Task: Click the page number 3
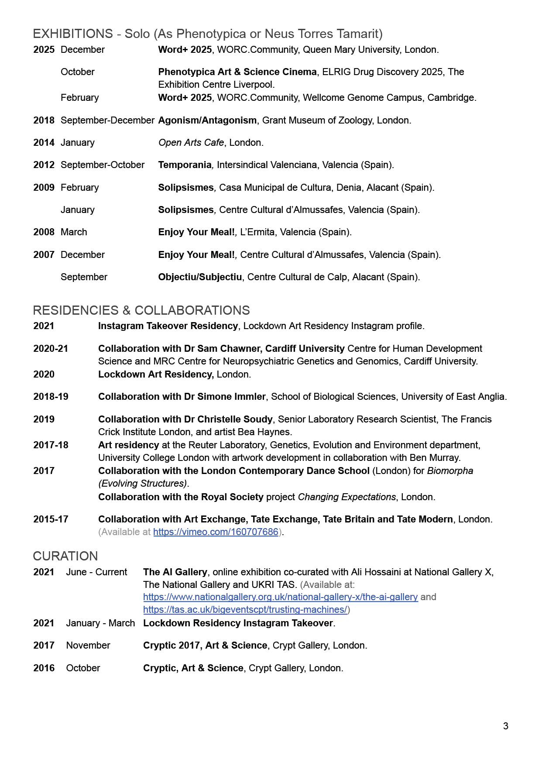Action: click(505, 726)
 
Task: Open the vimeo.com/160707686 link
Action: click(216, 532)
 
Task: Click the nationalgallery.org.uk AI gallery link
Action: click(280, 597)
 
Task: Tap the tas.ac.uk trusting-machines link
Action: click(245, 609)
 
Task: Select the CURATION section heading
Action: click(65, 556)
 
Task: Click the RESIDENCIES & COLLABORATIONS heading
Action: click(141, 310)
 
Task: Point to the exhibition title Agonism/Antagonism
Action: click(207, 120)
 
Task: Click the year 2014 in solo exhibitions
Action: click(44, 142)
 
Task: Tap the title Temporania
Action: click(185, 165)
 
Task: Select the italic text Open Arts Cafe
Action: click(191, 142)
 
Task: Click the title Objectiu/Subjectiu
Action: click(200, 277)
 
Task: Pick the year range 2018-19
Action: click(51, 396)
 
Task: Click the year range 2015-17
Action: click(51, 519)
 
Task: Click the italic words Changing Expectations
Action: click(346, 497)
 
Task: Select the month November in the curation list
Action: click(88, 645)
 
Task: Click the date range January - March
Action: click(100, 623)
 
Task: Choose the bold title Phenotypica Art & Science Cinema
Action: click(237, 72)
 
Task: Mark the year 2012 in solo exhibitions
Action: click(44, 165)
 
